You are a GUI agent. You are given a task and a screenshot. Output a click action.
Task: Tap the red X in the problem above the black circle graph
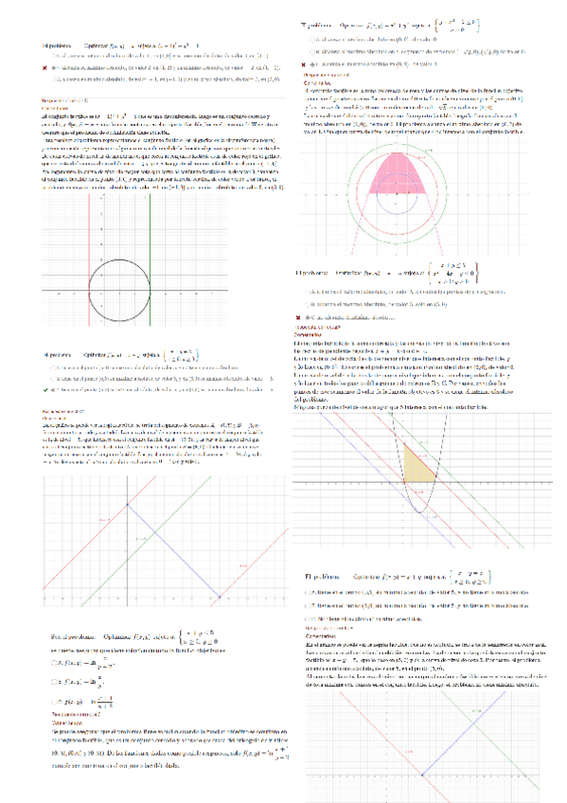[44, 69]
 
